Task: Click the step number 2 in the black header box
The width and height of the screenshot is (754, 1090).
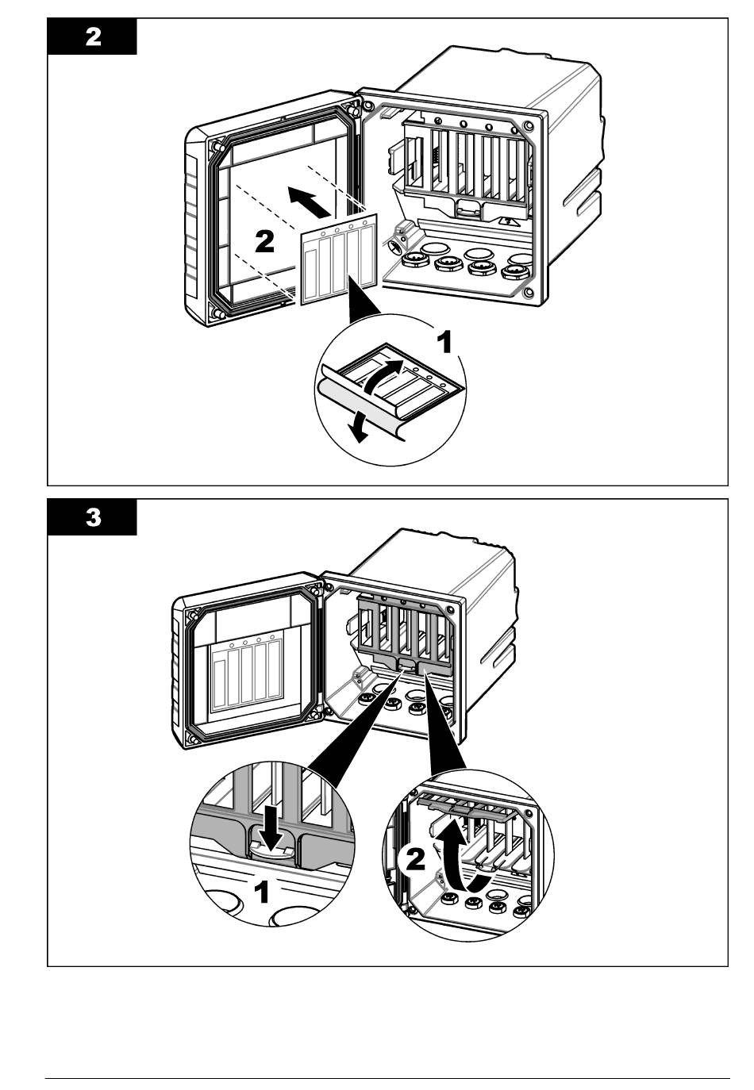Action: pyautogui.click(x=93, y=38)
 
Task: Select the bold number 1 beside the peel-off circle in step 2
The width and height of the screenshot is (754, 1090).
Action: pyautogui.click(x=445, y=342)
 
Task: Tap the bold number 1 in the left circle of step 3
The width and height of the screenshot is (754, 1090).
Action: pyautogui.click(x=260, y=892)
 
